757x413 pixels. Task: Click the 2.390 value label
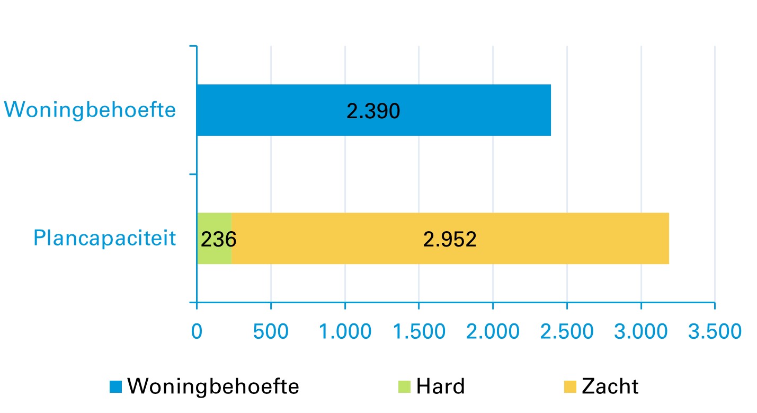click(373, 112)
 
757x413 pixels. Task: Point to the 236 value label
click(218, 240)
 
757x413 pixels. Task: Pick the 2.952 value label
click(450, 240)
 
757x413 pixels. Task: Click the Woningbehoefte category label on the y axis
click(90, 110)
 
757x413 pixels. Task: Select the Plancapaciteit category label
click(104, 238)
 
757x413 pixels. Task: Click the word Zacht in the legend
click(610, 386)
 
